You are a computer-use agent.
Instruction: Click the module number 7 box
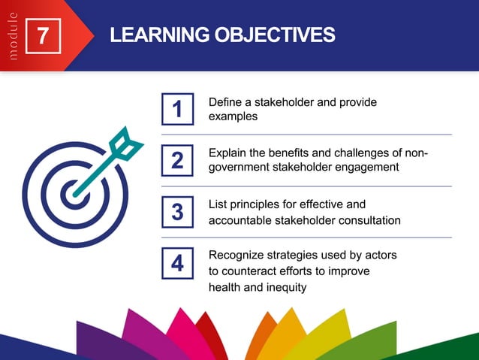point(44,36)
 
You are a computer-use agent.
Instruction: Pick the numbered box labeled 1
point(178,109)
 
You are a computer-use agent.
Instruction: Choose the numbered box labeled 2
point(178,160)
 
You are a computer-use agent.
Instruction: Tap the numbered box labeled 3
point(178,212)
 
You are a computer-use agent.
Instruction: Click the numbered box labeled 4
point(178,263)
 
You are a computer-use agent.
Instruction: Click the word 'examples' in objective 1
point(233,116)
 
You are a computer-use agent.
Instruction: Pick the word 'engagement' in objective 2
point(368,167)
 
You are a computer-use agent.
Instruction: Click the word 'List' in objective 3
point(218,204)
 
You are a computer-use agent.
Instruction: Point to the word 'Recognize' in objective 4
point(236,256)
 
